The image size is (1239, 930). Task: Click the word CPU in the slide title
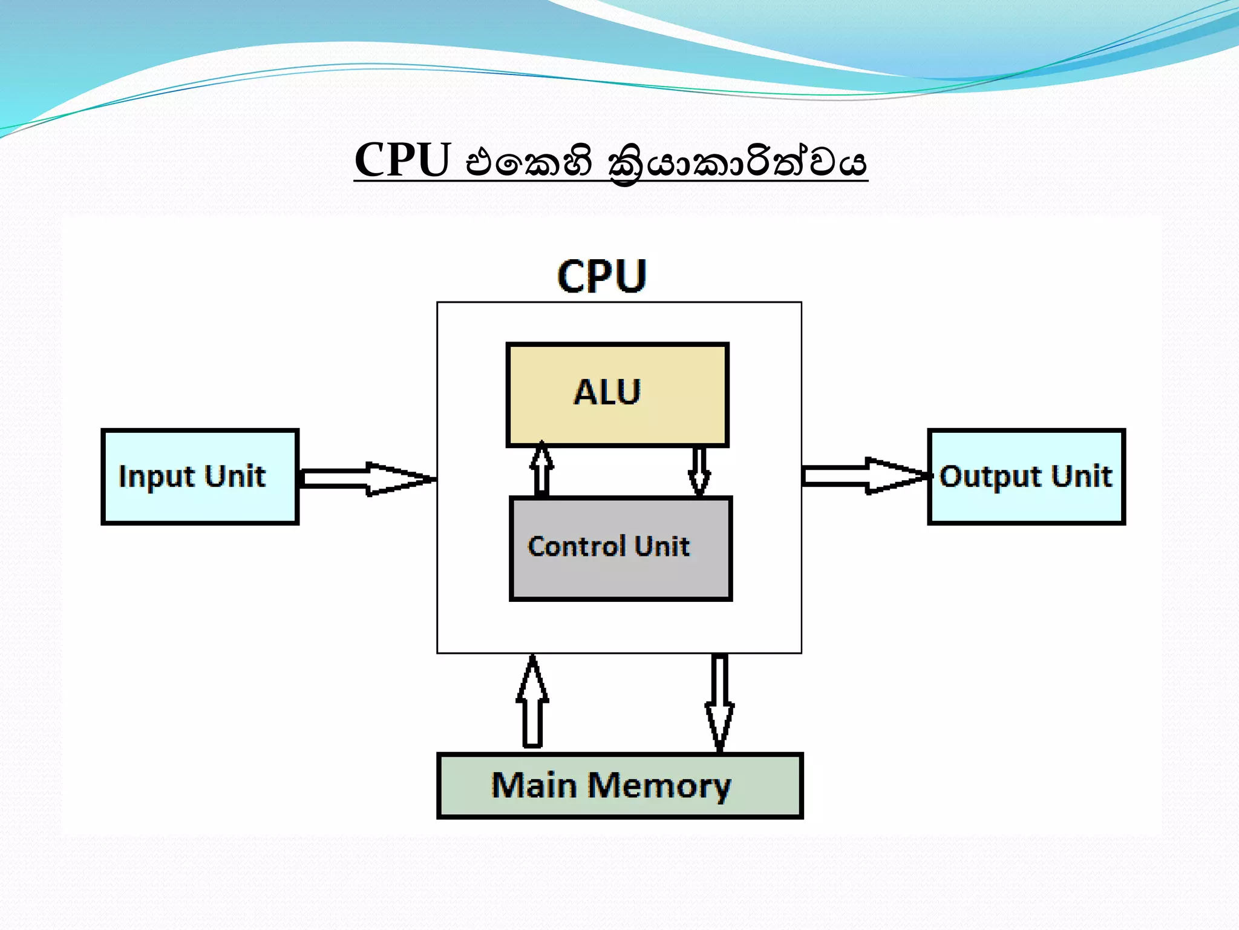(402, 160)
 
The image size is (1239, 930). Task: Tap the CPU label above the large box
(601, 276)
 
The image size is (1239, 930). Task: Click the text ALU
(607, 392)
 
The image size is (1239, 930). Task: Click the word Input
(157, 477)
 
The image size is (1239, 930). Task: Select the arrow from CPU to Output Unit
(865, 476)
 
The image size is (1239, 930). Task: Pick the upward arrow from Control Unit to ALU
(541, 470)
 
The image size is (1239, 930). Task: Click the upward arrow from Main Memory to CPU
(532, 702)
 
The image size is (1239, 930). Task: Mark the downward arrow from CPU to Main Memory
(719, 702)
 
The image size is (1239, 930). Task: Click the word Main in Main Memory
(534, 785)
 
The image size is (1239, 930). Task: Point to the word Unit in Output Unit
(1081, 476)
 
